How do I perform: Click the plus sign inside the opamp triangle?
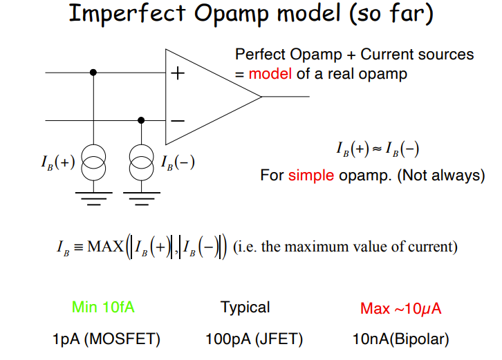(178, 72)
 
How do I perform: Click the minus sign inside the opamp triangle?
(178, 120)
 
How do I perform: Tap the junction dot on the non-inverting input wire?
(94, 72)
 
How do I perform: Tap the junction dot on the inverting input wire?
(142, 120)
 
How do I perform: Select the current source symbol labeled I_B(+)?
(94, 164)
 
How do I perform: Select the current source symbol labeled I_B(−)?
(142, 164)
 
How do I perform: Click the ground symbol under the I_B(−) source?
(142, 200)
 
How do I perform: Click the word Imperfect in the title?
(139, 15)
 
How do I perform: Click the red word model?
(270, 73)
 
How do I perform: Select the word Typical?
(245, 307)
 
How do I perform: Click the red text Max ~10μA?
(400, 308)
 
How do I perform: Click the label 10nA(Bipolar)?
(400, 339)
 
